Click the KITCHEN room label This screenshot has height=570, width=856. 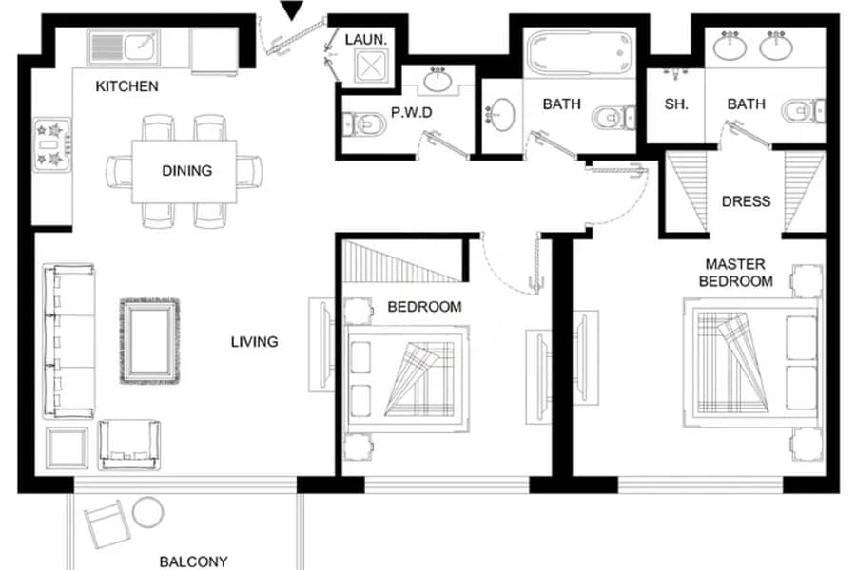pyautogui.click(x=126, y=86)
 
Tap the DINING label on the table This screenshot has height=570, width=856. pyautogui.click(x=186, y=171)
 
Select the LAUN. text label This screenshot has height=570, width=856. pyautogui.click(x=366, y=39)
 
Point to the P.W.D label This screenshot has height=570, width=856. pyautogui.click(x=412, y=112)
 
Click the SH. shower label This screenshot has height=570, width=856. pyautogui.click(x=676, y=104)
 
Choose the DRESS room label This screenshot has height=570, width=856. pyautogui.click(x=746, y=201)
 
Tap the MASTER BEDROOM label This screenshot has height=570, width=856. pyautogui.click(x=735, y=273)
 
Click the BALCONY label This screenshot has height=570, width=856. pyautogui.click(x=193, y=561)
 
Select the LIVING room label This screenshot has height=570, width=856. pyautogui.click(x=254, y=341)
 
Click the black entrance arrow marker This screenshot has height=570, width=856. pyautogui.click(x=292, y=10)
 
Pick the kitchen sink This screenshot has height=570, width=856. pyautogui.click(x=124, y=47)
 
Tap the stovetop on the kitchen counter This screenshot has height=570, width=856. pyautogui.click(x=52, y=144)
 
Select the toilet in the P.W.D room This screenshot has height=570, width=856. pyautogui.click(x=363, y=123)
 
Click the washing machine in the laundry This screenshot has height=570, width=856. pyautogui.click(x=370, y=66)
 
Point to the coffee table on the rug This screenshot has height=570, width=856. pyautogui.click(x=149, y=341)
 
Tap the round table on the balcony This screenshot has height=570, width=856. pyautogui.click(x=147, y=512)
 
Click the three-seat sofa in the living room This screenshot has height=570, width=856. pyautogui.click(x=68, y=341)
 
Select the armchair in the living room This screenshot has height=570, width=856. pyautogui.click(x=129, y=444)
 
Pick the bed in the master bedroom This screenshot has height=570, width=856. pyautogui.click(x=751, y=362)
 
